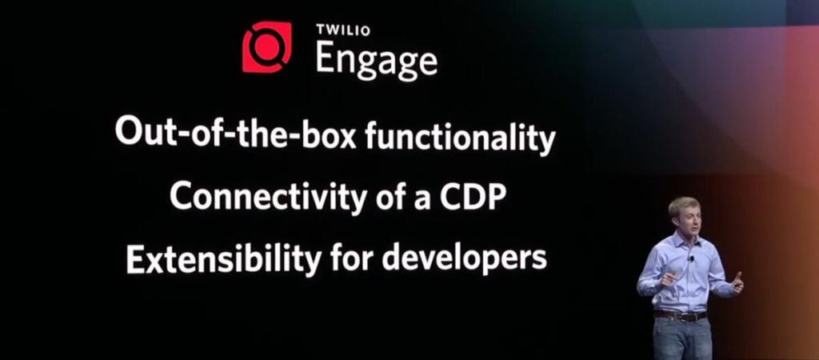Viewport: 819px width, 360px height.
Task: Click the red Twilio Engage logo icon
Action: pyautogui.click(x=267, y=47)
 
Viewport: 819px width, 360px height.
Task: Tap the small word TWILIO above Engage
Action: pyautogui.click(x=343, y=30)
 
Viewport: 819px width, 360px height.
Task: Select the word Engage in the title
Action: pyautogui.click(x=377, y=60)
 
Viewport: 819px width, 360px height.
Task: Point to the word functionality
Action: pyautogui.click(x=460, y=137)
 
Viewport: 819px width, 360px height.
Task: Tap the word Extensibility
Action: pyautogui.click(x=224, y=258)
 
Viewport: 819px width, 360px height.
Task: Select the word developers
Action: pyautogui.click(x=464, y=259)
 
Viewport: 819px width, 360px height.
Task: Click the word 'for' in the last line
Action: pyautogui.click(x=352, y=257)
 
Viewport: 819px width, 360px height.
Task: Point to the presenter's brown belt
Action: pyautogui.click(x=681, y=316)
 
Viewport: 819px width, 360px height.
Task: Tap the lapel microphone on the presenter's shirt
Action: pyautogui.click(x=692, y=258)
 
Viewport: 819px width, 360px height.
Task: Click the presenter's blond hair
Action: pyautogui.click(x=683, y=205)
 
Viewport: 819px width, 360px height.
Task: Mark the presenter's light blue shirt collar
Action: pyautogui.click(x=685, y=240)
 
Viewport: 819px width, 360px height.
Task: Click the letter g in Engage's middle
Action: pyautogui.click(x=370, y=66)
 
